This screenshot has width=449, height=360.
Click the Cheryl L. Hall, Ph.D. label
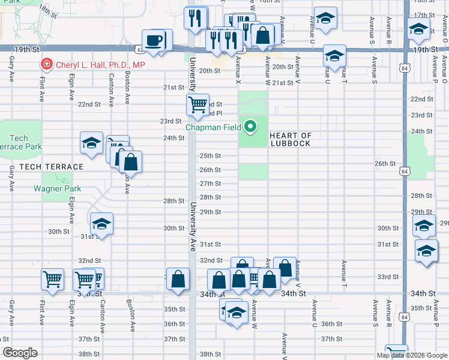(100, 64)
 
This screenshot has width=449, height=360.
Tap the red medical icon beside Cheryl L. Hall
(46, 64)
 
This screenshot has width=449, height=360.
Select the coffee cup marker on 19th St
(155, 41)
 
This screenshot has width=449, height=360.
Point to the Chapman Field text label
(213, 127)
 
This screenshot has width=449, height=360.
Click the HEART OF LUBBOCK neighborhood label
(291, 139)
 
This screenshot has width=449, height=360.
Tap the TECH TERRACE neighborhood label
(51, 166)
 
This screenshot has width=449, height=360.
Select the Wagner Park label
(58, 188)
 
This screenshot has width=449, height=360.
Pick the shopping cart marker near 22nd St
(197, 105)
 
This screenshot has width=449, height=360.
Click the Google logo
(20, 353)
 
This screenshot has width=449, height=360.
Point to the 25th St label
(210, 156)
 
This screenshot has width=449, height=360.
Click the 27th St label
(210, 184)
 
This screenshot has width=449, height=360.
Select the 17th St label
(424, 15)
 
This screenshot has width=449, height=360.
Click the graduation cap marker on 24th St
(91, 143)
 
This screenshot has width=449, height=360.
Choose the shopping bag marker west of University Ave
(178, 279)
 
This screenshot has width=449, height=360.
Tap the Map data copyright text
(412, 355)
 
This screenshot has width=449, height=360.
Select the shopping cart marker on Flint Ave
(53, 279)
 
